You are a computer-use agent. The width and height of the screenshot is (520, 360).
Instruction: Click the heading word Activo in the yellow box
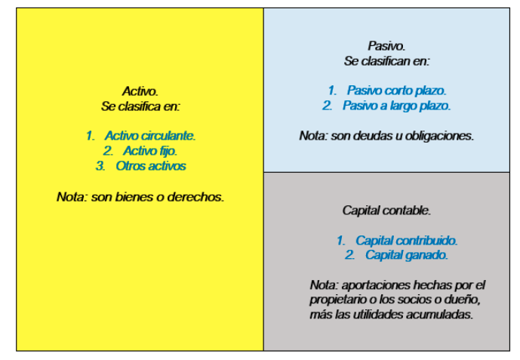[140, 91]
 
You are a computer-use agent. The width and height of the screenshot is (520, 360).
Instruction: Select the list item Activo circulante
[150, 136]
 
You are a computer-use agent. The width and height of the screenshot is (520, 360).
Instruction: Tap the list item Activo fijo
[150, 151]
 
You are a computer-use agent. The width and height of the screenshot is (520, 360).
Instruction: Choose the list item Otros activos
[151, 166]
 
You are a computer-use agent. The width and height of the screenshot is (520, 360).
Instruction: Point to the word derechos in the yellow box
[195, 197]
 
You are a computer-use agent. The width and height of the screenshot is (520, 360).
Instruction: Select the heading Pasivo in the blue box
[386, 46]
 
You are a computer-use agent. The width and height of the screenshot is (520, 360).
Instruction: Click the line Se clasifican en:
[386, 61]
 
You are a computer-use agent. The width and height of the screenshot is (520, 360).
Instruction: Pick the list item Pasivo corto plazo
[397, 91]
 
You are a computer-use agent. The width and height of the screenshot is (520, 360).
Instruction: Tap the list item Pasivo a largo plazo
[397, 106]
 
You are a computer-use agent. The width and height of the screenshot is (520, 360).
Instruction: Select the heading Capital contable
[386, 211]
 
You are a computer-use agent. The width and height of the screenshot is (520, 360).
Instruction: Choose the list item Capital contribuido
[407, 241]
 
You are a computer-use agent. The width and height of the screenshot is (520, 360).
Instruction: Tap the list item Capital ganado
[407, 255]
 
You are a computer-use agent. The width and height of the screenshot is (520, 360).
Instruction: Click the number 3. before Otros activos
[100, 166]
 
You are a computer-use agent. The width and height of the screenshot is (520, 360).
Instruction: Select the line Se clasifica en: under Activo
[140, 106]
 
